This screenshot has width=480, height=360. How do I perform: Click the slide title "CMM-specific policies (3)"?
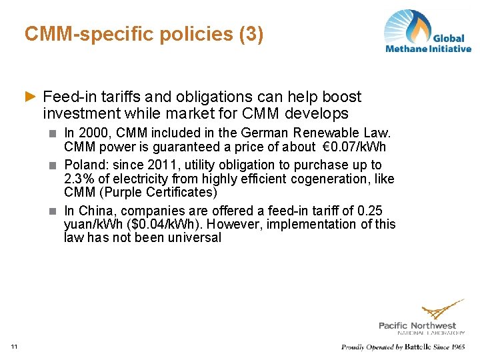coord(143,34)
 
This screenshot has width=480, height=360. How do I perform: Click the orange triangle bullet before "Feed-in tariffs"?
coord(29,97)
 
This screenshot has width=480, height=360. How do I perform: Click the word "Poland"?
coord(83,165)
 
